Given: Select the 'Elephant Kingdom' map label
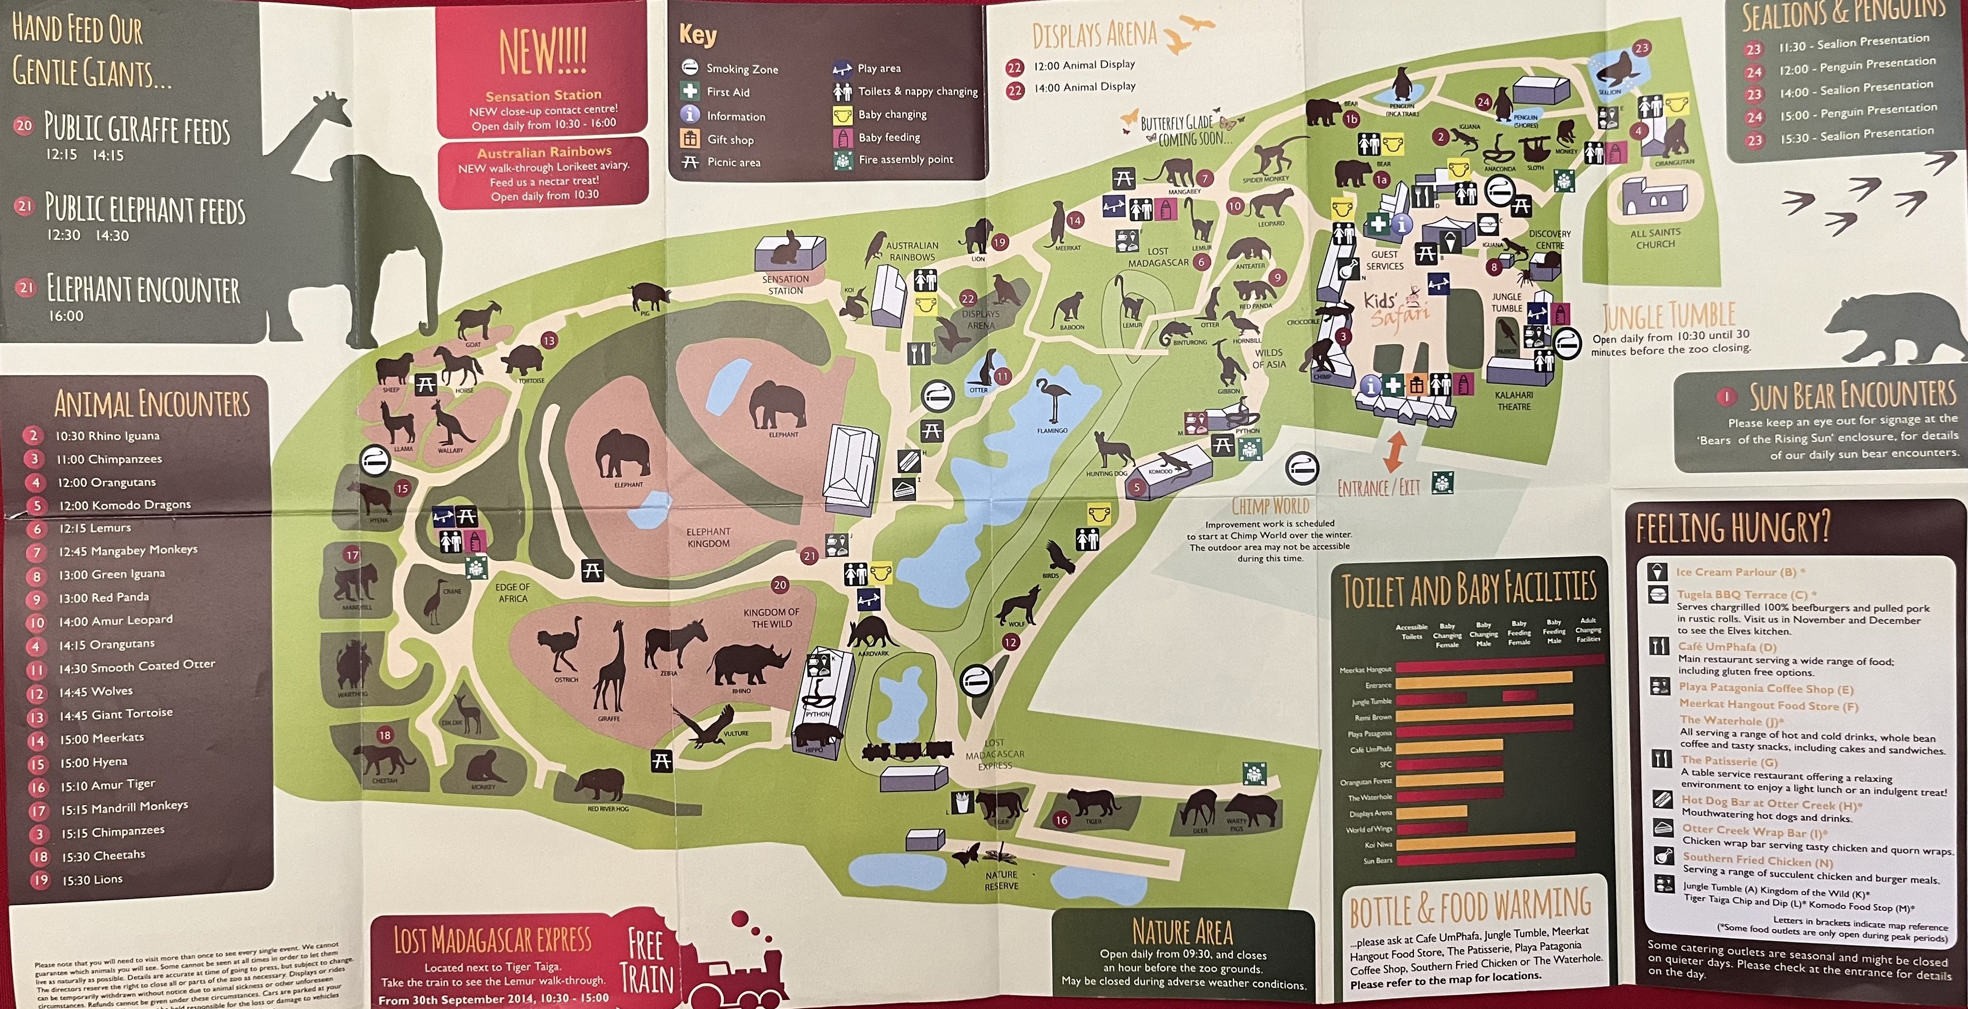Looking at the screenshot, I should (x=708, y=538).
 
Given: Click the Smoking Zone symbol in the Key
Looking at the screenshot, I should (x=690, y=67).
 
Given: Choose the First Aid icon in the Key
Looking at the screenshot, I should (x=690, y=91).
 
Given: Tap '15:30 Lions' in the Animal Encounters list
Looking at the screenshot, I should (x=92, y=880).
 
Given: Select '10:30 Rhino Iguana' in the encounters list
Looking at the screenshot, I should (x=107, y=436).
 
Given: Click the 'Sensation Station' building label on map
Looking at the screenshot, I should (x=785, y=284).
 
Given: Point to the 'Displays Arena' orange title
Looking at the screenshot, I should (x=1094, y=35).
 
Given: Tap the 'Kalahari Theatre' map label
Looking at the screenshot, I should (x=1513, y=401).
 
